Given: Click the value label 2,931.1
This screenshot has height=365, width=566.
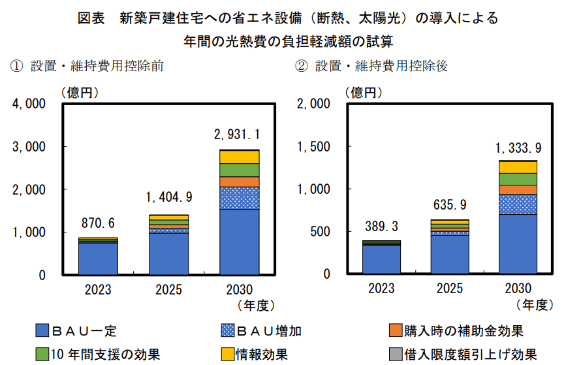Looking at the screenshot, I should pos(237,135).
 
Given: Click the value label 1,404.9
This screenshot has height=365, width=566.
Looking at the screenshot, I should pos(168,197).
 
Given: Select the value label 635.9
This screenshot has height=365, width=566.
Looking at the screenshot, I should pos(450,206).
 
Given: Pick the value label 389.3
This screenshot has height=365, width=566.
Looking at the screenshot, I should pos(381,227).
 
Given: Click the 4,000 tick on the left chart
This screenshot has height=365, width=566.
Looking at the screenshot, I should pos(27,104).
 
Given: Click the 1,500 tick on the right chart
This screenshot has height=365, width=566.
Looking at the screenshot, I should pos(315,147).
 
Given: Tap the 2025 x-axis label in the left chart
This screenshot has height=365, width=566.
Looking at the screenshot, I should pos(168,289).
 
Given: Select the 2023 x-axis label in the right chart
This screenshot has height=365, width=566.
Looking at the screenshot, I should pos(381,289).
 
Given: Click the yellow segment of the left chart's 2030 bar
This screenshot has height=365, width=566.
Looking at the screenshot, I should pos(240,157).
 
